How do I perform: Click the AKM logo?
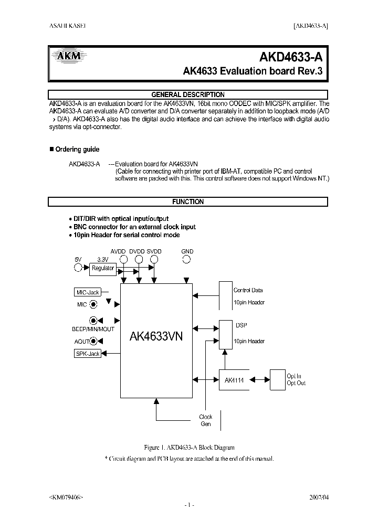[67, 57]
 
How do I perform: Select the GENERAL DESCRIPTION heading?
[188, 94]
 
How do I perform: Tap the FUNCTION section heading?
[188, 201]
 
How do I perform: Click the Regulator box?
[103, 268]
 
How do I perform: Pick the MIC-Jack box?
[87, 292]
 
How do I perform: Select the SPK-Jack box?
[88, 354]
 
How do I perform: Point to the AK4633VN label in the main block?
[156, 336]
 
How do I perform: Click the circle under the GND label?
[187, 259]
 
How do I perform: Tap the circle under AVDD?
[124, 259]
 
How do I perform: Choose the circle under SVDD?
[154, 259]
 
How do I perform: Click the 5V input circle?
[78, 268]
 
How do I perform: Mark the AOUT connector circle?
[93, 341]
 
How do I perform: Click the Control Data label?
[248, 290]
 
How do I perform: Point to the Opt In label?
[294, 376]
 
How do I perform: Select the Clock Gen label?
[206, 420]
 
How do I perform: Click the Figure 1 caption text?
[189, 448]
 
